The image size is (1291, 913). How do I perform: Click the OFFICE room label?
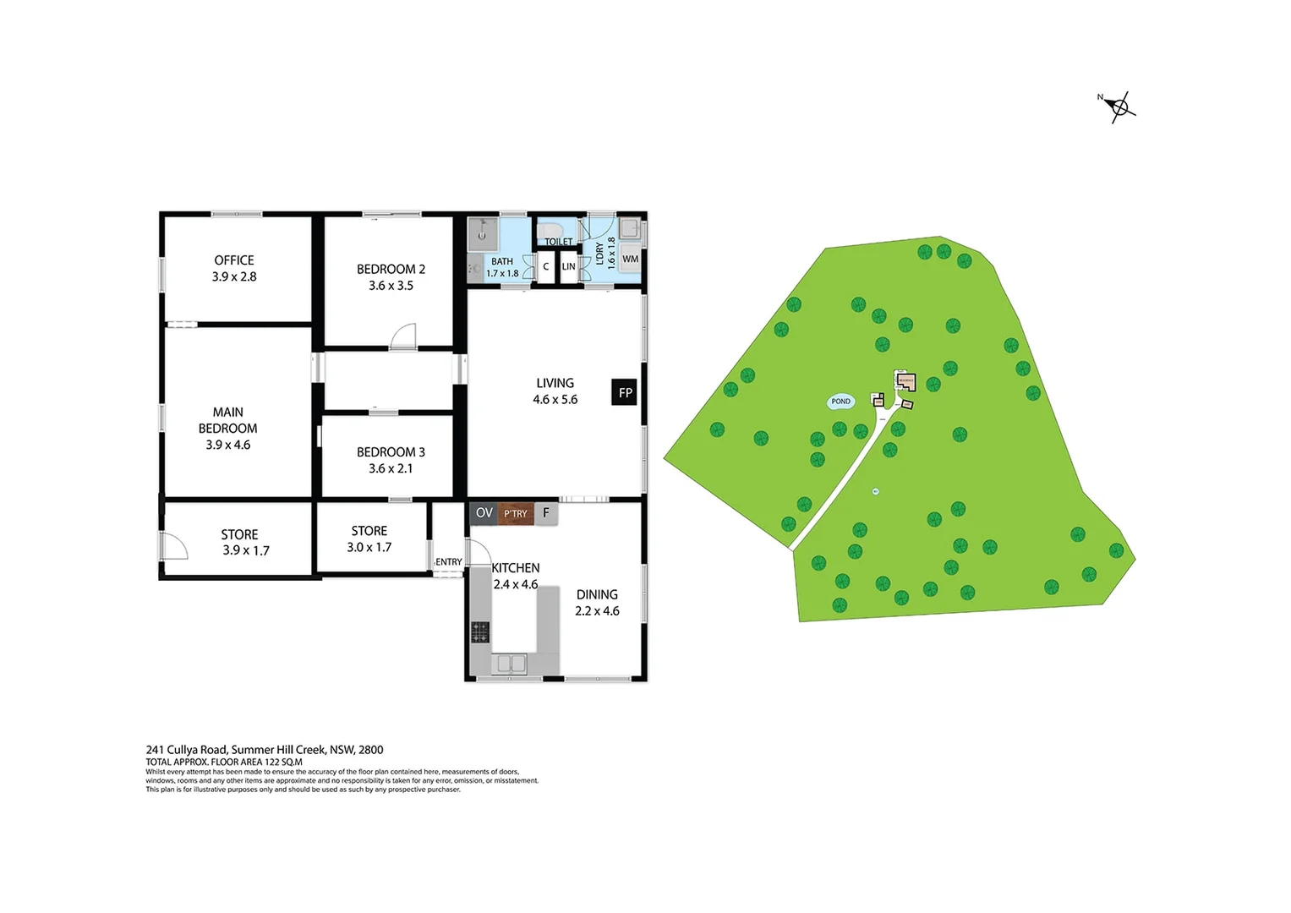234,260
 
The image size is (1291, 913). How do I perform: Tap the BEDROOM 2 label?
391,269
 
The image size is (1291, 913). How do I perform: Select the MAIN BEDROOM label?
228,420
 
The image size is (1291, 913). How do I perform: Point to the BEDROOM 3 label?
391,452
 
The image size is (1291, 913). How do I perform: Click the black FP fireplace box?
625,392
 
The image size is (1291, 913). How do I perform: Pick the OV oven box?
484,513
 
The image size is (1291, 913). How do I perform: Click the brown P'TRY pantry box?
516,513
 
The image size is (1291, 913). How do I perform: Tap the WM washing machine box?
630,259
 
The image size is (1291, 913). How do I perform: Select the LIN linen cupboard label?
569,266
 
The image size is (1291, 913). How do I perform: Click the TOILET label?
558,242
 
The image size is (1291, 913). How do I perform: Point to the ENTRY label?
449,562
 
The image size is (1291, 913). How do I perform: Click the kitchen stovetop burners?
480,631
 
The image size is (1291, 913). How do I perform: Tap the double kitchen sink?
510,664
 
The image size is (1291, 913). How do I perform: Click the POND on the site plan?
840,402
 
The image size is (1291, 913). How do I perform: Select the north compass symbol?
1119,107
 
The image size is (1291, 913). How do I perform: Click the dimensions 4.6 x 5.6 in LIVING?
555,400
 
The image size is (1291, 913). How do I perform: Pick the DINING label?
597,594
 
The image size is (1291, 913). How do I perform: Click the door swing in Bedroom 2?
404,336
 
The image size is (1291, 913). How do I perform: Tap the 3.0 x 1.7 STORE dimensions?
369,547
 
